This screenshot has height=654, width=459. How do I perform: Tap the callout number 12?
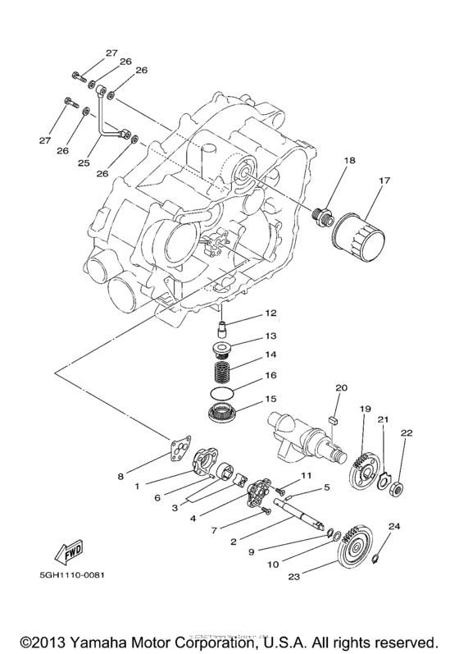click(x=270, y=313)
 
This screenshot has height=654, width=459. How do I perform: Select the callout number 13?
click(x=270, y=336)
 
